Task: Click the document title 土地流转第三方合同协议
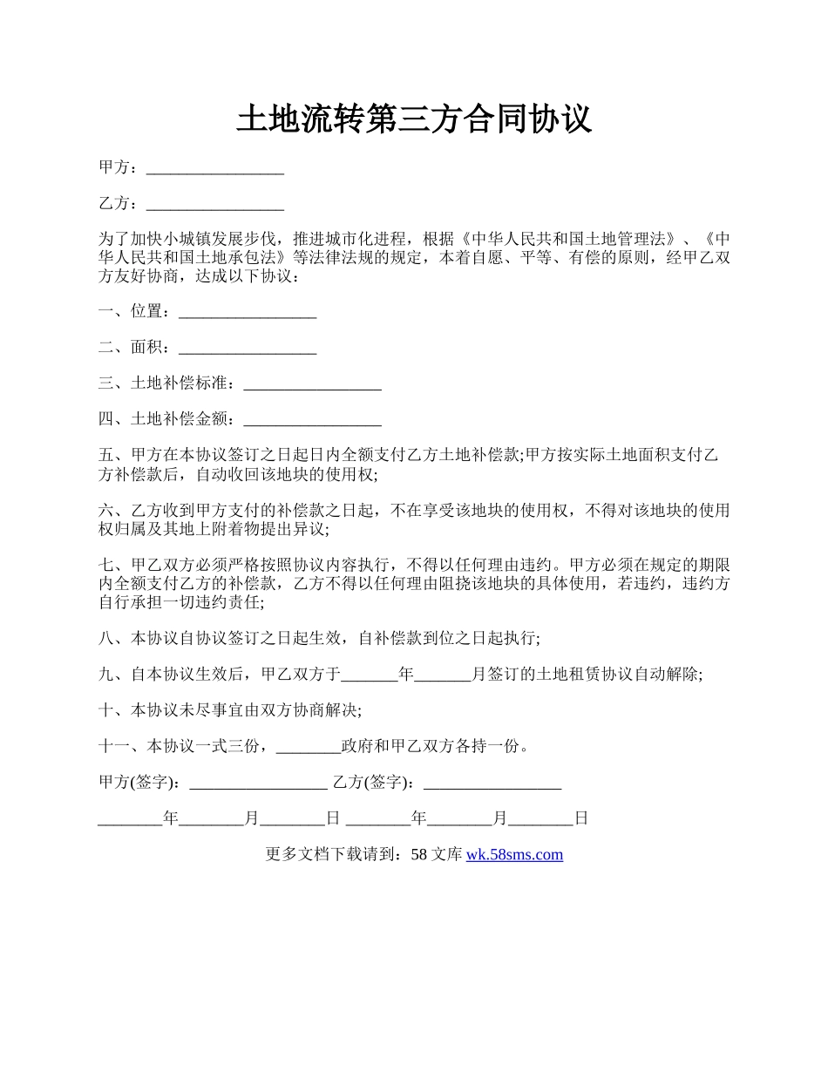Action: (414, 119)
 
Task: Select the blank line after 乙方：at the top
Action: (215, 205)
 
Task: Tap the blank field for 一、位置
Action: (247, 312)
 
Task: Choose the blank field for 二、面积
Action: (247, 349)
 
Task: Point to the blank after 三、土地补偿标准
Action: (312, 384)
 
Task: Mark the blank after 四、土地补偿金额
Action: (312, 421)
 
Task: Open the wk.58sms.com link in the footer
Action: (514, 855)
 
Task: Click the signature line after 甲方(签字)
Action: (258, 784)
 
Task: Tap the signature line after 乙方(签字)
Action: (492, 784)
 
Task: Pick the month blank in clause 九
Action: (443, 675)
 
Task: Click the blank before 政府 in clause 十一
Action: (308, 747)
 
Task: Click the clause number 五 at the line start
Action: (106, 456)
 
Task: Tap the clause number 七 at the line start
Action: (106, 565)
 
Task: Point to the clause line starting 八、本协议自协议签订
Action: (319, 639)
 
